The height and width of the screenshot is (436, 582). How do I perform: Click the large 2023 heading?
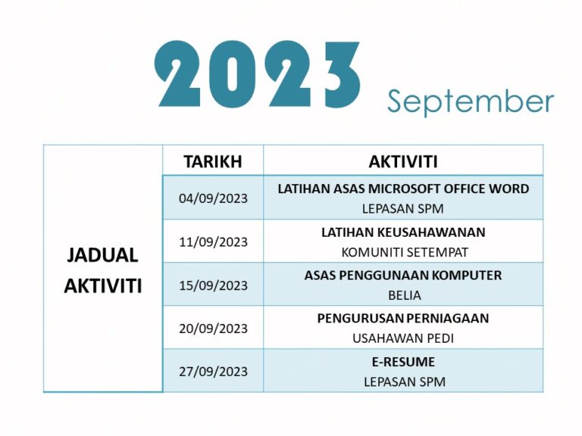click(258, 73)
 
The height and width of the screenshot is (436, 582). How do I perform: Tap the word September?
click(471, 101)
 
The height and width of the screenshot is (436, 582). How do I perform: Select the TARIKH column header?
click(213, 161)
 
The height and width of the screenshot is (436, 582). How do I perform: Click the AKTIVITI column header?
click(403, 161)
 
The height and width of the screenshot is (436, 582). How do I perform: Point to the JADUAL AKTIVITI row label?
click(103, 270)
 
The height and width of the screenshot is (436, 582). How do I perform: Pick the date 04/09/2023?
click(213, 198)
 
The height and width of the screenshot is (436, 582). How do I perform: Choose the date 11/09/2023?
click(213, 241)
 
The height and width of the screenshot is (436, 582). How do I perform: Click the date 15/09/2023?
click(213, 285)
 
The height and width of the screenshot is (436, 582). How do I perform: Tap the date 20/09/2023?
click(213, 329)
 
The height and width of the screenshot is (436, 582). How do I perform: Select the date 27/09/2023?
click(213, 372)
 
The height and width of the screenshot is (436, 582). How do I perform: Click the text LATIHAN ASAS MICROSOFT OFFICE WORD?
click(403, 188)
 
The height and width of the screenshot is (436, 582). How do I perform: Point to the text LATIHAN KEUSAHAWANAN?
click(403, 232)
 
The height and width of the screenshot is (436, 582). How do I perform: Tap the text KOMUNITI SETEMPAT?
click(403, 252)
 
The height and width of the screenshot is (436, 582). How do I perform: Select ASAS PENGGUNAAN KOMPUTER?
click(403, 276)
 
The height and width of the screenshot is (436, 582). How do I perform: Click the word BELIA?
click(403, 295)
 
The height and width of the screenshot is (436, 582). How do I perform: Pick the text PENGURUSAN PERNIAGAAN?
click(403, 319)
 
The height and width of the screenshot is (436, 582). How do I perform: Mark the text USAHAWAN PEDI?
click(403, 338)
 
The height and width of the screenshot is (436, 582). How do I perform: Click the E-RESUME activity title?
click(403, 362)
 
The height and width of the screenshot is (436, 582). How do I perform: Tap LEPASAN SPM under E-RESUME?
click(403, 381)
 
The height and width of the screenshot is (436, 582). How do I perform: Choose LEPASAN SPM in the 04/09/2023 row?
click(403, 209)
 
